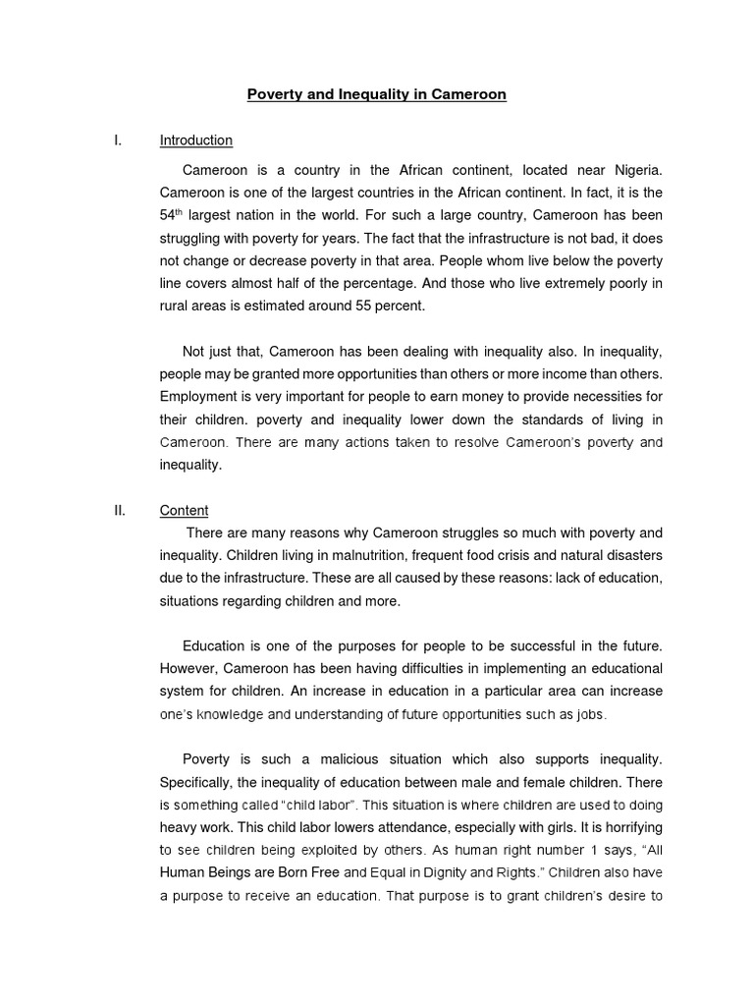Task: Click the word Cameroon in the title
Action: tap(471, 95)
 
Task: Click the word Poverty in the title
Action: tap(275, 95)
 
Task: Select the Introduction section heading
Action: tap(196, 140)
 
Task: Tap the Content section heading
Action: tap(185, 510)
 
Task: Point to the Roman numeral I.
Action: tap(118, 140)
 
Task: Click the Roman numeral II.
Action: tap(120, 510)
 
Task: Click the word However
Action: tap(188, 668)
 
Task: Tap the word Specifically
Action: tap(199, 782)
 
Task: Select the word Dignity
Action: tap(424, 872)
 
